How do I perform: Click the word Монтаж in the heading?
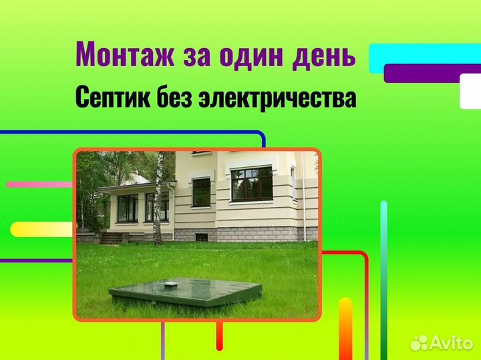click(125, 55)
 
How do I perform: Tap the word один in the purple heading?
click(251, 55)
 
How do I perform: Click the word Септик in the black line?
click(113, 96)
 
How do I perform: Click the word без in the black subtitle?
click(174, 96)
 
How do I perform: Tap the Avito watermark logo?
click(441, 343)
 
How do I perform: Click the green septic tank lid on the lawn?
click(186, 291)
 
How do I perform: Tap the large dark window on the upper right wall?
click(252, 184)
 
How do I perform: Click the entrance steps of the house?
click(111, 238)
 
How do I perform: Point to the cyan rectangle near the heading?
click(425, 58)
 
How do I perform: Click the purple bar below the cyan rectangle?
click(432, 73)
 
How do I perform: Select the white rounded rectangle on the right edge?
click(470, 91)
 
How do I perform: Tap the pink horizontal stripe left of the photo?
click(39, 184)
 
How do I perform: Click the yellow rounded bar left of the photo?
click(42, 229)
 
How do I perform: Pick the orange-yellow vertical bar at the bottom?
click(346, 329)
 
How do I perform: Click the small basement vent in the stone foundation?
click(202, 237)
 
